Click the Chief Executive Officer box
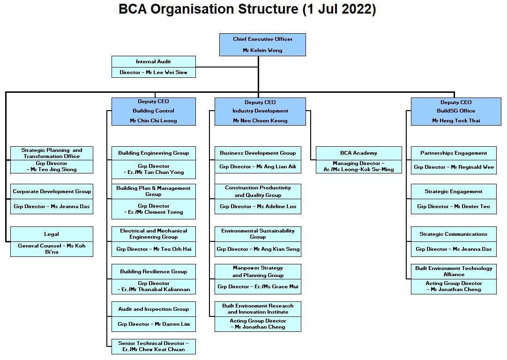click(262, 45)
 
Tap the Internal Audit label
click(153, 61)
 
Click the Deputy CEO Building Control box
click(153, 111)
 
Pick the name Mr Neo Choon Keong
click(260, 120)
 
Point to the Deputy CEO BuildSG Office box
click(455, 111)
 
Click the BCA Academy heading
click(358, 153)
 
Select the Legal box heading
click(52, 234)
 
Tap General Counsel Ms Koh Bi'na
click(52, 248)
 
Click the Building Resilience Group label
click(153, 271)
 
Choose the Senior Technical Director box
click(153, 346)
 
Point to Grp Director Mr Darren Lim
click(153, 324)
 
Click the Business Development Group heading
click(258, 153)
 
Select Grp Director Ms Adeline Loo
click(258, 206)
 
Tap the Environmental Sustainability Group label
click(258, 233)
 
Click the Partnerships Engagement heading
click(453, 153)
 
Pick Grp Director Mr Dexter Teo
click(453, 206)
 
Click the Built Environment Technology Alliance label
click(453, 271)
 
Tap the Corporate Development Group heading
click(52, 191)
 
